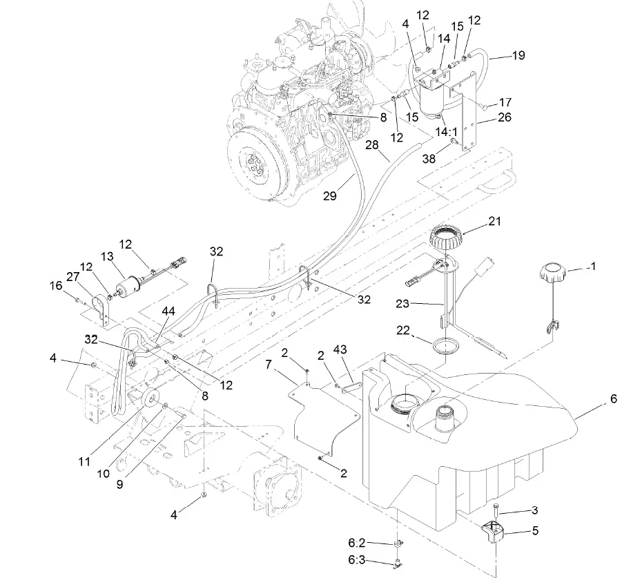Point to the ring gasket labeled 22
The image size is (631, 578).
point(447,343)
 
